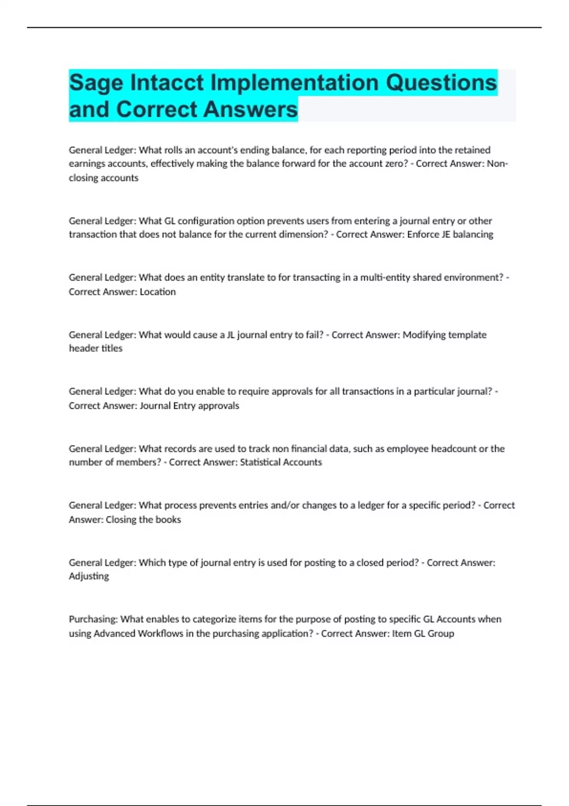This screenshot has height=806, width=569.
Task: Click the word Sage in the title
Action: coord(96,83)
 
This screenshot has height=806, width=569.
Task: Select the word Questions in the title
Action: coord(441,82)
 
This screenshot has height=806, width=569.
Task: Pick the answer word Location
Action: coord(157,292)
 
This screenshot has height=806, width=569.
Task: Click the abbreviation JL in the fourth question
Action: coord(230,335)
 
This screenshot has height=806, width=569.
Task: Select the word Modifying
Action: coord(424,335)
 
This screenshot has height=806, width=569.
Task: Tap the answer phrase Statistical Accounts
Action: coord(281,462)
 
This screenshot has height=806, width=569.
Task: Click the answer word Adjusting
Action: coord(89,576)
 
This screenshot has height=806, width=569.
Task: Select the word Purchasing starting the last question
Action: coord(93,619)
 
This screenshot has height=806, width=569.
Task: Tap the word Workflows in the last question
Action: coord(160,633)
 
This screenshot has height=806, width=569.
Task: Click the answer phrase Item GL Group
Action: coord(423,633)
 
